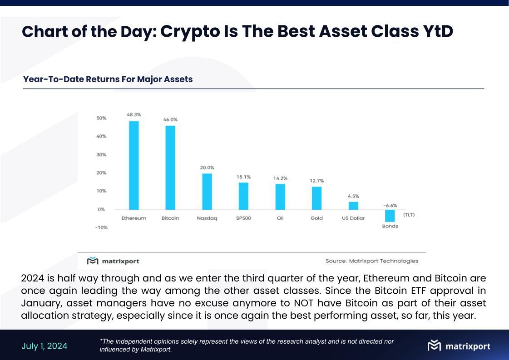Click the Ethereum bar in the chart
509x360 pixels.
pos(134,165)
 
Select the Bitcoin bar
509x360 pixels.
pos(170,168)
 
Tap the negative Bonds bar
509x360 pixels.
pos(390,216)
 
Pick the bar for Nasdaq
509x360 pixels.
pos(207,192)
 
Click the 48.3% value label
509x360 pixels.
pos(133,115)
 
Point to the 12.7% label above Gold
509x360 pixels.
pos(316,181)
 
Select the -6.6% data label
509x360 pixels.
pos(390,205)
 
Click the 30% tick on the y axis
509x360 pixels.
pos(101,154)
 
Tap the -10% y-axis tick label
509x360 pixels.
pos(101,227)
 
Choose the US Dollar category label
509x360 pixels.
pos(353,218)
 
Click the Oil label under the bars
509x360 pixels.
pos(280,218)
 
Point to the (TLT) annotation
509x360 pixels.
pos(409,215)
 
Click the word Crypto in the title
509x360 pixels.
pos(190,32)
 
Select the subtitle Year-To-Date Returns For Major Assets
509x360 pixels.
pos(108,79)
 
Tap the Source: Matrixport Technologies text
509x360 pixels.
pos(371,261)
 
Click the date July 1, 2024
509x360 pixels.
pos(44,346)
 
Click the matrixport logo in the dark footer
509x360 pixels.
pos(459,346)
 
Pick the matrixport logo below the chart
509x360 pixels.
pos(113,261)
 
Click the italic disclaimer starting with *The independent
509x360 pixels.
pos(247,345)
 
